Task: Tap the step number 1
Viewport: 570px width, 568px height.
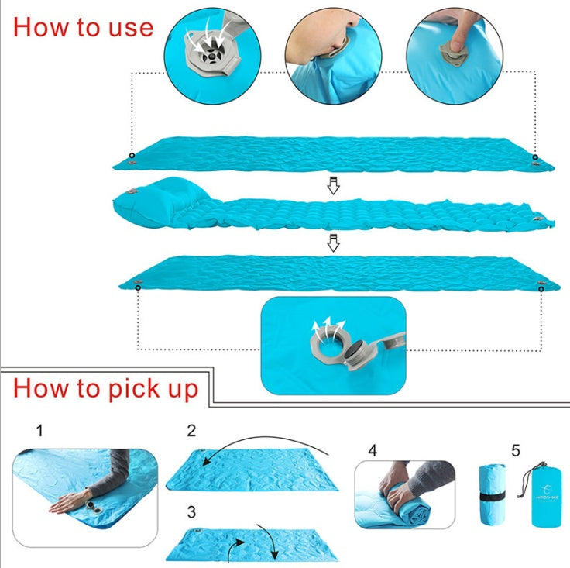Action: (39, 429)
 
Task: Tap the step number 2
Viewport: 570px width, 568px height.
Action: (191, 430)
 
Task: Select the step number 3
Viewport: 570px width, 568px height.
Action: (191, 511)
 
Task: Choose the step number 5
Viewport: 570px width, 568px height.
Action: (516, 449)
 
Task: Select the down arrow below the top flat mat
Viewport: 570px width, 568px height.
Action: (333, 186)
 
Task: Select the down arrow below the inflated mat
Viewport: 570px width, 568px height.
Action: (333, 243)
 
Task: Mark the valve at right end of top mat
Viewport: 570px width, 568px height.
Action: (534, 159)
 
